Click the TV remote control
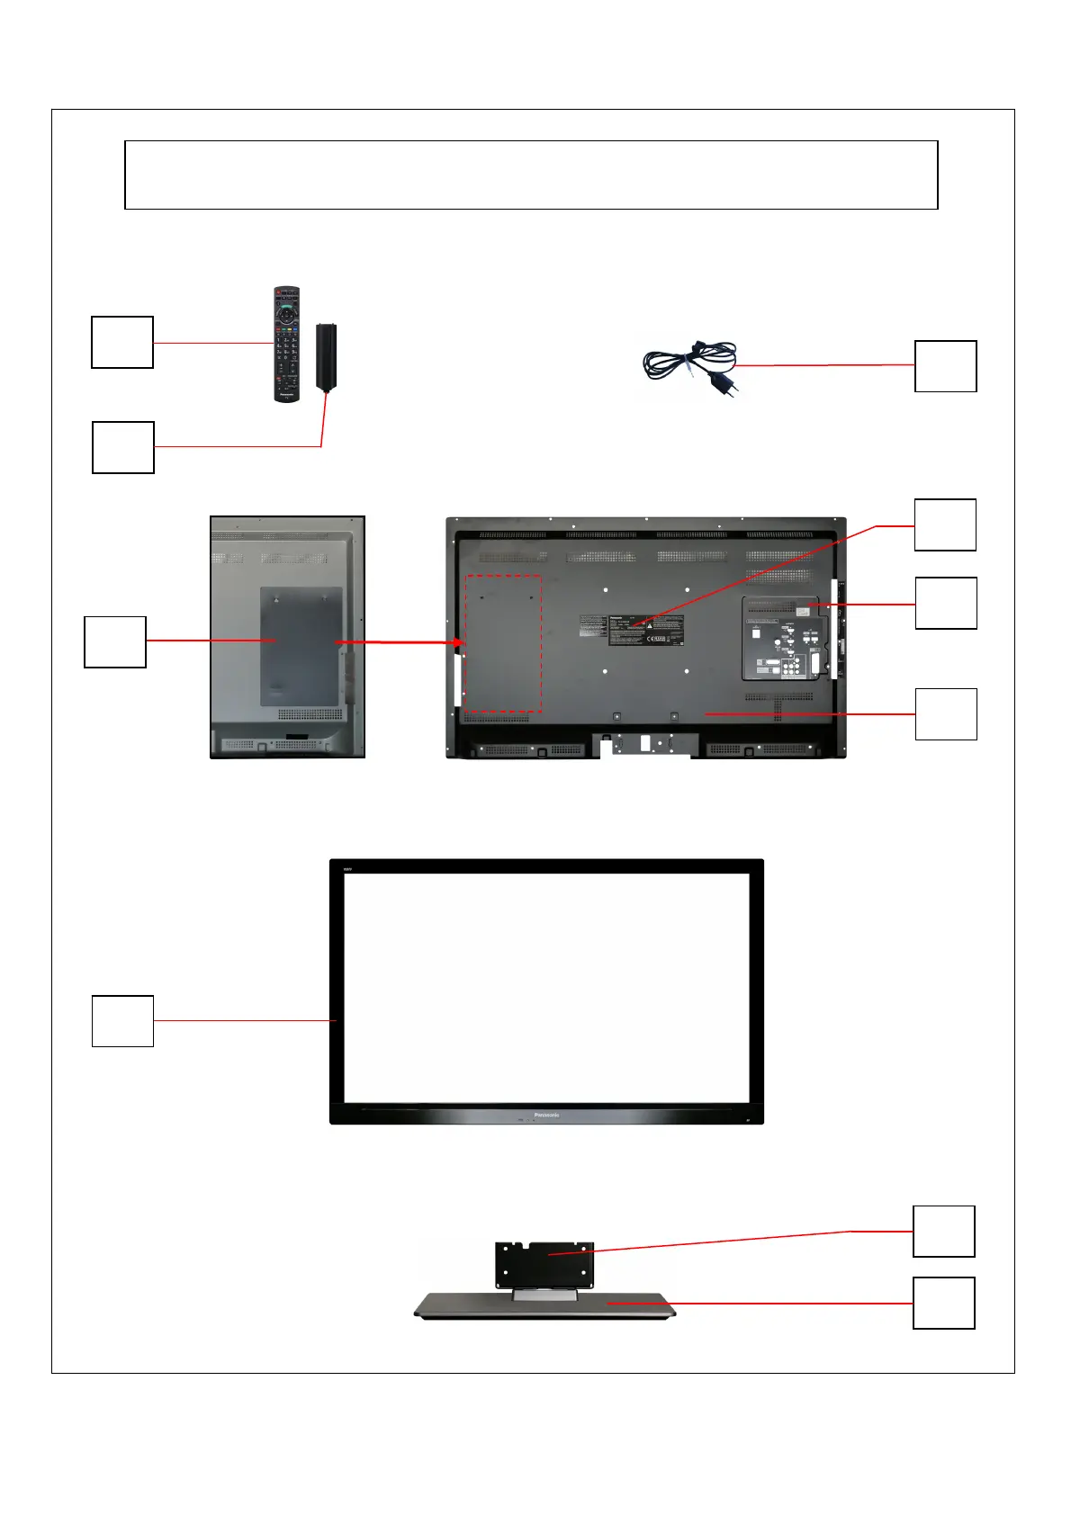(286, 344)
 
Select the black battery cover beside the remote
(326, 356)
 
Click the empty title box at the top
(531, 175)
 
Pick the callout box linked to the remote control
(122, 342)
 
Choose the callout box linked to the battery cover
(123, 447)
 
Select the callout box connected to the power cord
(945, 366)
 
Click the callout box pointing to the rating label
(945, 524)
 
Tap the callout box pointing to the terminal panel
(945, 603)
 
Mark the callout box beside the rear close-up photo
(115, 641)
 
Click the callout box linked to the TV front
(122, 1021)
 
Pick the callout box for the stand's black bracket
(943, 1231)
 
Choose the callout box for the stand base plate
(943, 1303)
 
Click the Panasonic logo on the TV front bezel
(546, 1115)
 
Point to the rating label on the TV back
(645, 630)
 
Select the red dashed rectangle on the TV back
(502, 642)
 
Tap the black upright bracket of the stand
(544, 1264)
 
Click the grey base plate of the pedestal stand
(544, 1306)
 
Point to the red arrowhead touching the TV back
(460, 642)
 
